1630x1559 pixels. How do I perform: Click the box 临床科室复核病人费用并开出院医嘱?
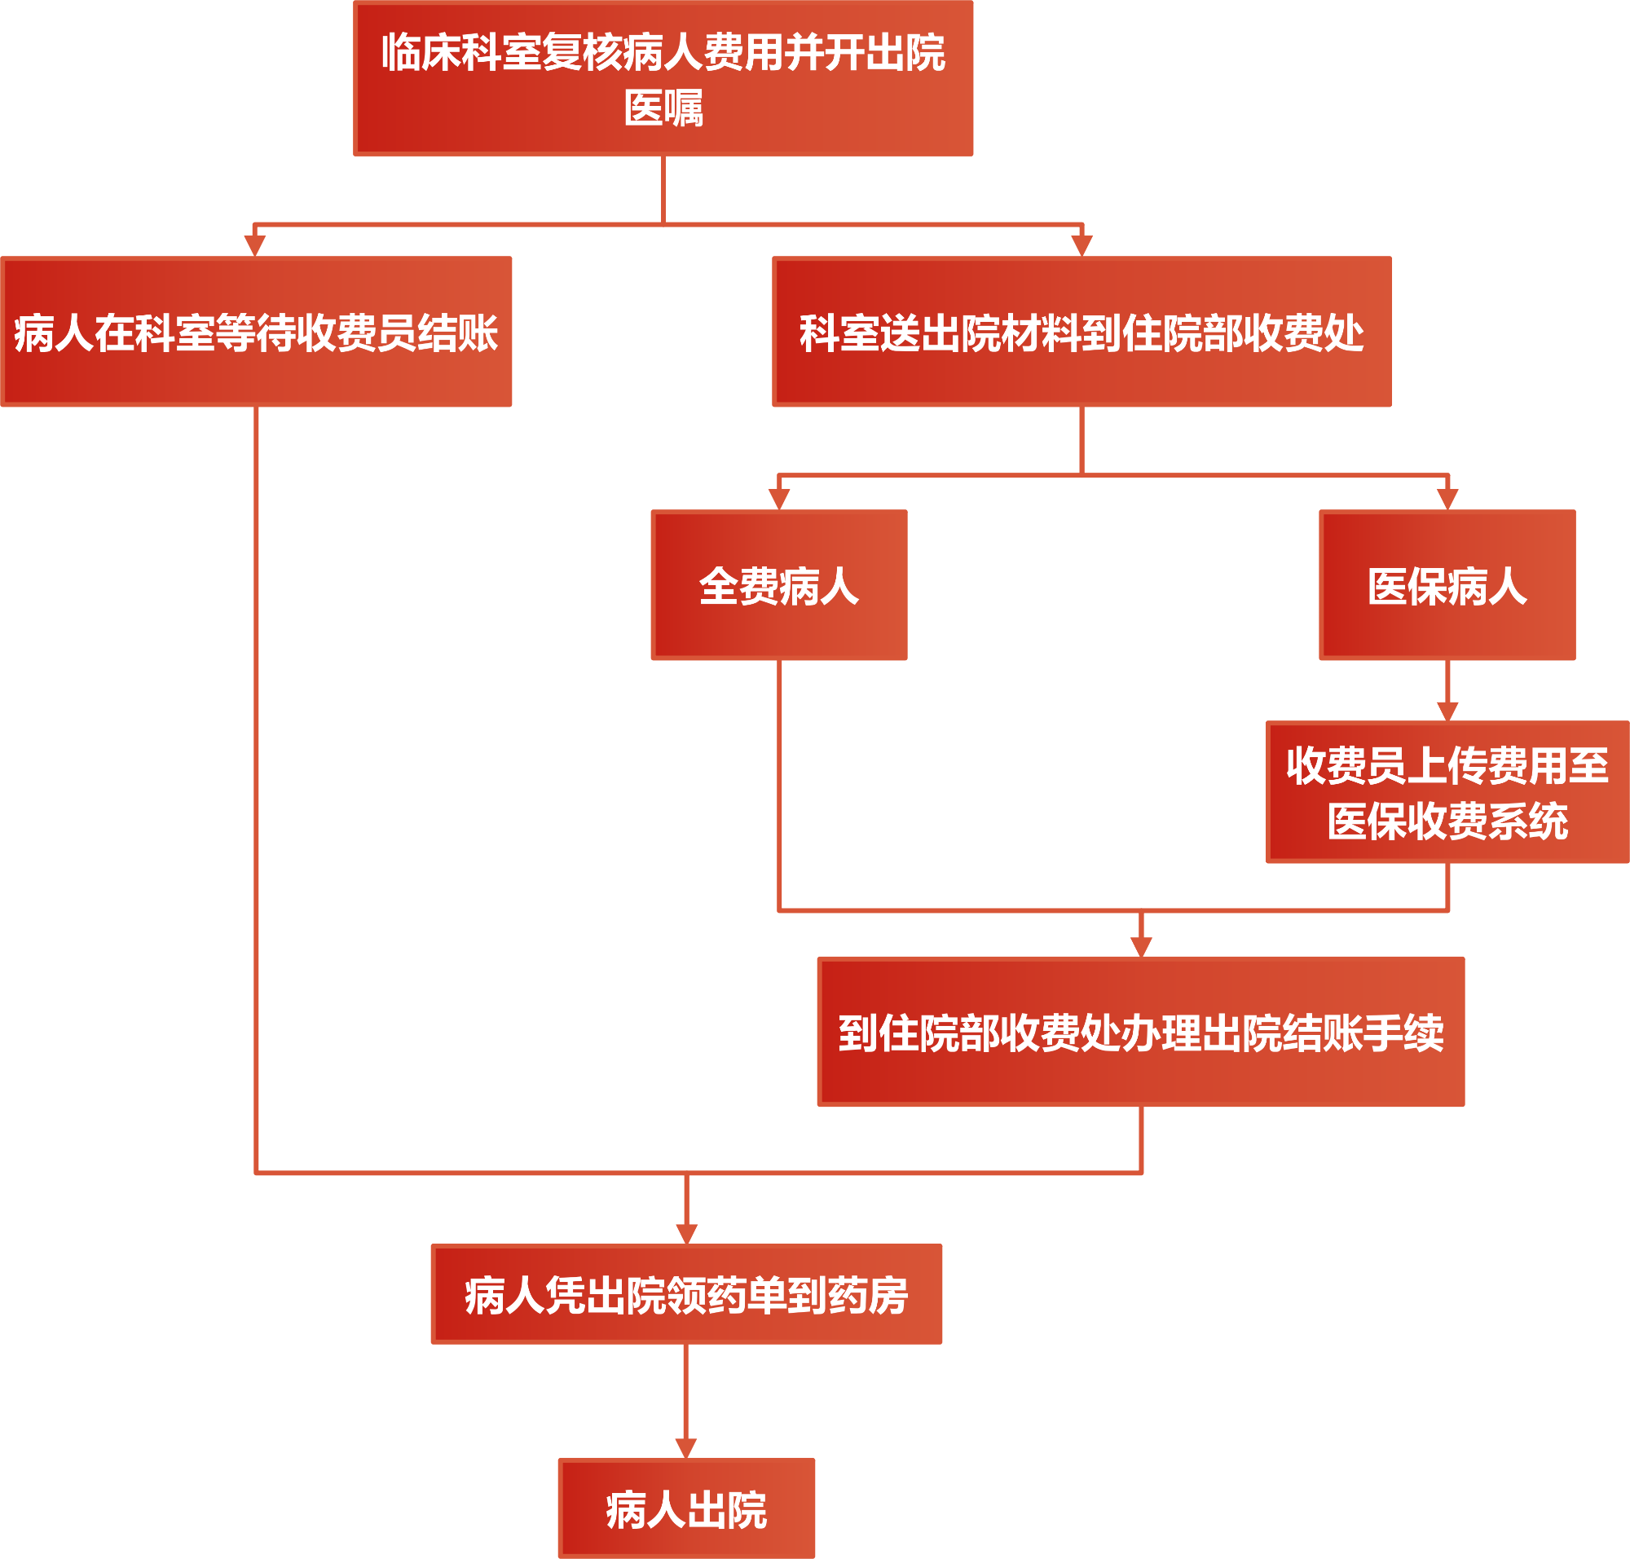pos(663,78)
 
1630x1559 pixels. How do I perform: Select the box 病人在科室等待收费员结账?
pos(256,332)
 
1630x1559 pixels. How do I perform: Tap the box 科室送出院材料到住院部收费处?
pos(1082,332)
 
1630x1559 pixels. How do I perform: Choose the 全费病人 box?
pos(779,585)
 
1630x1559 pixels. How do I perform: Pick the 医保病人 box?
pos(1447,585)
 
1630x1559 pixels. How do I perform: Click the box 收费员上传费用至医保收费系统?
pos(1447,792)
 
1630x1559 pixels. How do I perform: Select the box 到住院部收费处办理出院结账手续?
pos(1140,1032)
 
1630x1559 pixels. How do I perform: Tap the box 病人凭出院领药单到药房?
pos(685,1294)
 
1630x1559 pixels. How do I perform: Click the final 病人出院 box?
pos(685,1508)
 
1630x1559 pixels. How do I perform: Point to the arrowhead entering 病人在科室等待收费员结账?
pos(254,246)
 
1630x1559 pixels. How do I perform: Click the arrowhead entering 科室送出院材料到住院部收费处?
pos(1082,246)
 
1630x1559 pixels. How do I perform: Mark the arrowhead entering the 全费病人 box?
pos(779,499)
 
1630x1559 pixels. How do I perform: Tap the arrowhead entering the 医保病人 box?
pos(1447,499)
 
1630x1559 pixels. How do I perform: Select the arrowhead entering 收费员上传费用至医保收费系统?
pos(1447,711)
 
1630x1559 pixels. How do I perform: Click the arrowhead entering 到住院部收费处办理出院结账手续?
pos(1140,946)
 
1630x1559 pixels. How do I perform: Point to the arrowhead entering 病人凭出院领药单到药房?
pos(685,1233)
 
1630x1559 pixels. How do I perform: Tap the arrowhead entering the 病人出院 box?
pos(685,1448)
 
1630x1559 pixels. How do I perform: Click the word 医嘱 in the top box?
pos(663,108)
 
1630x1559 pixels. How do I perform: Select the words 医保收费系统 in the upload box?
pos(1447,821)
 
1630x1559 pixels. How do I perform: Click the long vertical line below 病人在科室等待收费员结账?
pos(256,790)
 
